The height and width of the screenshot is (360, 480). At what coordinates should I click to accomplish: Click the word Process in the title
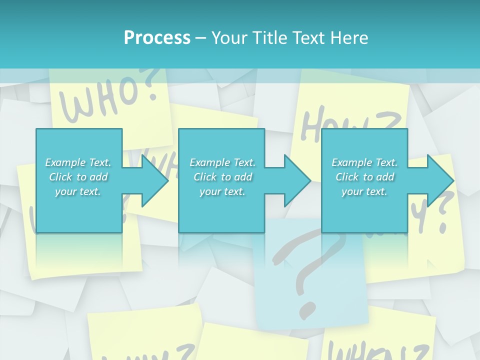[x=157, y=38]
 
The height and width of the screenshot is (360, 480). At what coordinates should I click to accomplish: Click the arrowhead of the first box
[x=156, y=180]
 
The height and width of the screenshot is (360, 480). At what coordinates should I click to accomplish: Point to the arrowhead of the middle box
[x=298, y=180]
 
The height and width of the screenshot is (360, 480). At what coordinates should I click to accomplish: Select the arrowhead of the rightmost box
[x=441, y=180]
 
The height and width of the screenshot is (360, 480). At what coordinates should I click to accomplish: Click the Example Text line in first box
[x=78, y=162]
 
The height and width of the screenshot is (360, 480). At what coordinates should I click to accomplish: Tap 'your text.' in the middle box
[x=222, y=191]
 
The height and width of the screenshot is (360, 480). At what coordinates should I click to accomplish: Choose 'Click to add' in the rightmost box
[x=364, y=177]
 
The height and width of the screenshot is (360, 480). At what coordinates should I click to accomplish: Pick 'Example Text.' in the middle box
[x=222, y=162]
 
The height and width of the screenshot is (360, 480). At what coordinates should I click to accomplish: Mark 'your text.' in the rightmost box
[x=364, y=191]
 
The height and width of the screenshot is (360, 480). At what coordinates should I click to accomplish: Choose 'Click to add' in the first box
[x=78, y=177]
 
